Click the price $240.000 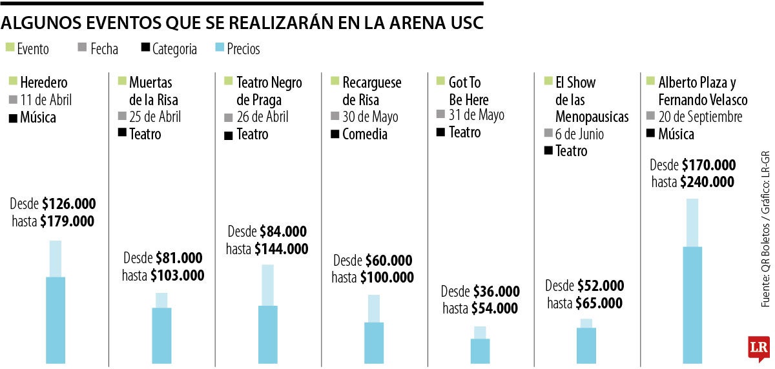coord(707,182)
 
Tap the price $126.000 coord(69,204)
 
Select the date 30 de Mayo coord(370,117)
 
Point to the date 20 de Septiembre coord(700,117)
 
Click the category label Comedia coord(364,134)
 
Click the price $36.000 coord(496,292)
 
